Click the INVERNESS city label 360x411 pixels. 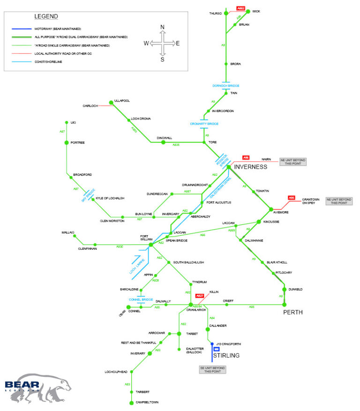[250, 167]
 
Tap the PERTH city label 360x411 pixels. [292, 312]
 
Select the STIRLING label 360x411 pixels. [226, 356]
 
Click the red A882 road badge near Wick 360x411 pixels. [240, 8]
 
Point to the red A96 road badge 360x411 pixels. [246, 158]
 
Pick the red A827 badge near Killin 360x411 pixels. [200, 296]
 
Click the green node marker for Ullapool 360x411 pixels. [111, 102]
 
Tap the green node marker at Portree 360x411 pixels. [67, 142]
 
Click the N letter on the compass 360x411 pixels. [163, 27]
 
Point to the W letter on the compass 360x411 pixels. [146, 44]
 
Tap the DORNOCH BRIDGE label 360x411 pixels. [226, 86]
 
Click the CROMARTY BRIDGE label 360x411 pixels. [204, 124]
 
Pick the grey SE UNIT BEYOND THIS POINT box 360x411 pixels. [212, 370]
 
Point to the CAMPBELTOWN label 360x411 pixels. [147, 403]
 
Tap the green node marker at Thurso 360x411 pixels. [226, 13]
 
